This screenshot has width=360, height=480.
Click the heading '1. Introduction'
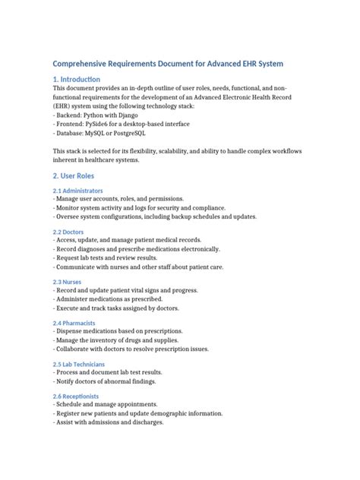coord(76,79)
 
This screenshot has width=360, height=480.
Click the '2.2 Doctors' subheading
coord(68,232)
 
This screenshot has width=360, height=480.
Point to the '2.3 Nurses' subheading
coord(67,282)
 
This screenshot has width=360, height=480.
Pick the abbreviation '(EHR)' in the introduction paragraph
coord(65,106)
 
